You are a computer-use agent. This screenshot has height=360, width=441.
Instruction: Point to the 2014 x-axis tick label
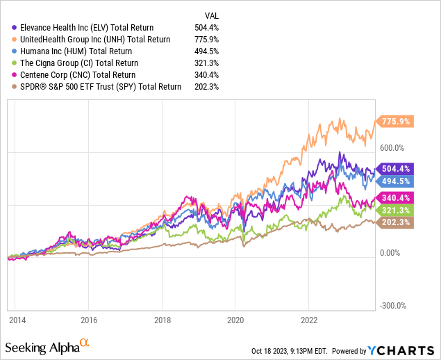17,320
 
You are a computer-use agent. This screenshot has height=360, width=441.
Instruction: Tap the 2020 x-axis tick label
235,320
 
